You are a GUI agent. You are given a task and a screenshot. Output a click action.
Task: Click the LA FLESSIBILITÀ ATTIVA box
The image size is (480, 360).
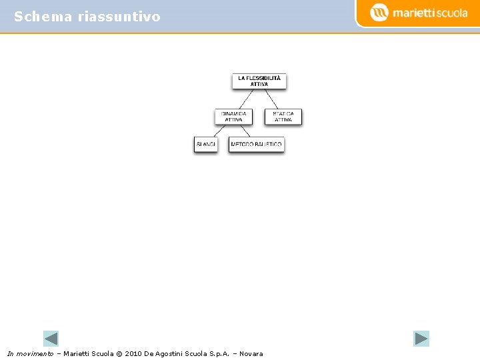coord(259,81)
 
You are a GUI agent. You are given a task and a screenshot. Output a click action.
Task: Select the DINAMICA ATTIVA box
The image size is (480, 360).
coord(233,117)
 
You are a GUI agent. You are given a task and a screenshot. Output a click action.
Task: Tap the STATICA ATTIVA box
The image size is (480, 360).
coord(283,117)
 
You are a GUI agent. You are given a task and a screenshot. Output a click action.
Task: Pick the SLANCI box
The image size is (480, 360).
coord(206,144)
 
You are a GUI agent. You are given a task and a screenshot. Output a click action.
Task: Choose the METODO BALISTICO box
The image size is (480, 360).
coord(256,144)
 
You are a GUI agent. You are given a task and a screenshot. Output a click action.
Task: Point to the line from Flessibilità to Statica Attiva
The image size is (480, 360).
coord(272,99)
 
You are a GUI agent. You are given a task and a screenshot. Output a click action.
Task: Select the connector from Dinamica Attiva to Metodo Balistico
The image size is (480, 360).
coord(245,131)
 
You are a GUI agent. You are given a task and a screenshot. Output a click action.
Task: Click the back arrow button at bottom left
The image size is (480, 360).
coord(51,338)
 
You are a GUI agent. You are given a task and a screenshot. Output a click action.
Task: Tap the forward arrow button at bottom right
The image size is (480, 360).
coord(421,338)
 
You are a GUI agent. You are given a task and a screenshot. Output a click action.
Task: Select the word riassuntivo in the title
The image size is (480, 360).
coord(119,17)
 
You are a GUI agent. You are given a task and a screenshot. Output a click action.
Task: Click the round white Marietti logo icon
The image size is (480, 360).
coord(379,12)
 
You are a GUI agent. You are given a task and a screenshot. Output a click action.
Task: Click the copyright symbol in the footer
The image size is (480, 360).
coord(120,353)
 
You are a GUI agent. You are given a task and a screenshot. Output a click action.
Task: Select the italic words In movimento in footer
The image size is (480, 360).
coord(30,353)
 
